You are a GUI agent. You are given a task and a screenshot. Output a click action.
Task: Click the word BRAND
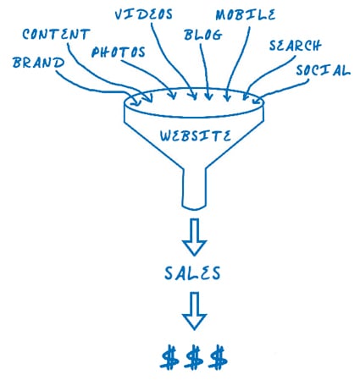click(x=38, y=63)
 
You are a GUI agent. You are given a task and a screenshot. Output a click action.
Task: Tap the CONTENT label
click(x=56, y=35)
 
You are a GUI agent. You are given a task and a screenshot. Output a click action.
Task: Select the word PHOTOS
click(x=119, y=52)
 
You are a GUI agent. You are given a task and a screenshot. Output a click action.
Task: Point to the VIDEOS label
click(x=143, y=14)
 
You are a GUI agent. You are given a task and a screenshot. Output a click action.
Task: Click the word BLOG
click(x=203, y=35)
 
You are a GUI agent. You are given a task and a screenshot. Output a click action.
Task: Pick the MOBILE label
click(x=246, y=14)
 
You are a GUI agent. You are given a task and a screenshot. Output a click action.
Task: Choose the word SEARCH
click(x=295, y=46)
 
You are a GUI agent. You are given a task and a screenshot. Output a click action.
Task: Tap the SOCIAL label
click(x=323, y=70)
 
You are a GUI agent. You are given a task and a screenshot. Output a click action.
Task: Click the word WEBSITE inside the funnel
click(x=196, y=135)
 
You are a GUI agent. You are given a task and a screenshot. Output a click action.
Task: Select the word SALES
click(x=192, y=273)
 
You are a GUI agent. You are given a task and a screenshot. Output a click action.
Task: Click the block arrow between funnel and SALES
click(x=194, y=237)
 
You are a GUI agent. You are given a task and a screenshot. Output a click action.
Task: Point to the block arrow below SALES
click(x=194, y=311)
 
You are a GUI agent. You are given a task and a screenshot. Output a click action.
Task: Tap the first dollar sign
click(x=169, y=357)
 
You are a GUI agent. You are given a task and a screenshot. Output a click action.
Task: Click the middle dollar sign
click(x=194, y=357)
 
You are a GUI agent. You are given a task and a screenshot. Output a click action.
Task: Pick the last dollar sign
click(x=218, y=357)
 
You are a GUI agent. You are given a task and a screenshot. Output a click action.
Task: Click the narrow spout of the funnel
click(x=194, y=189)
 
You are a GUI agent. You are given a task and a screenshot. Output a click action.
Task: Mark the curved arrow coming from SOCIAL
click(x=282, y=89)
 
